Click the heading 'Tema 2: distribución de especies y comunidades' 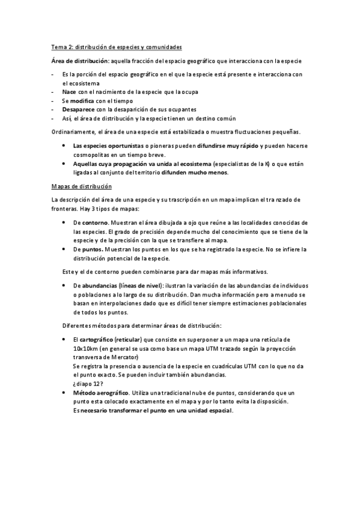pyautogui.click(x=116, y=46)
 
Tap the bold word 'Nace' pyautogui.click(x=69, y=91)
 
